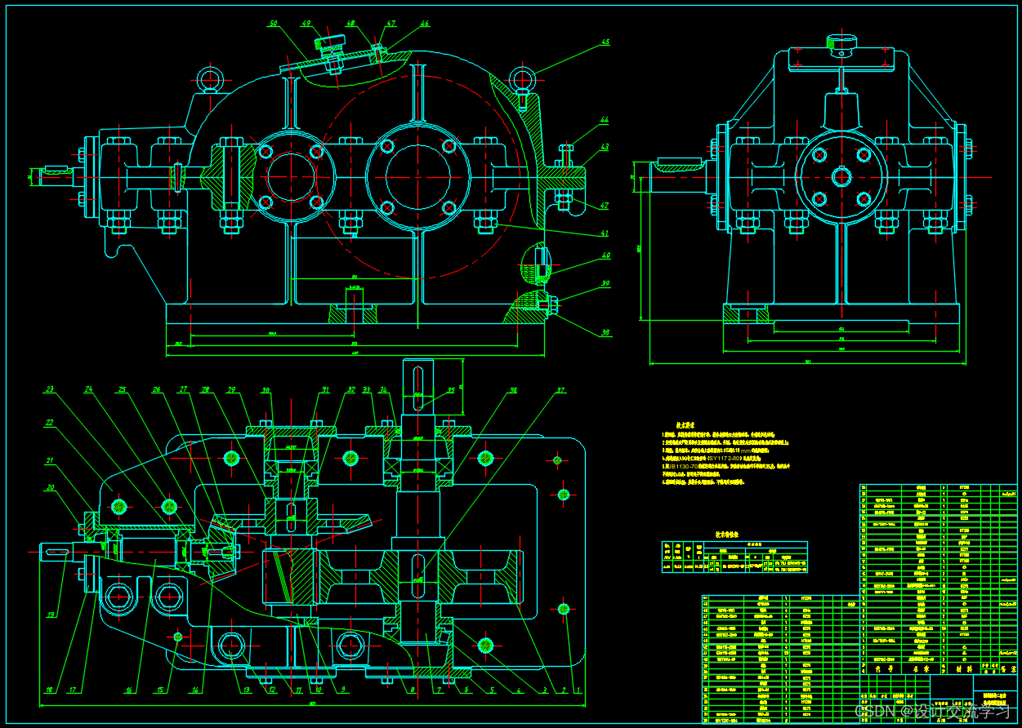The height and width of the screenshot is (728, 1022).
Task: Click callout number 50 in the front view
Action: click(273, 24)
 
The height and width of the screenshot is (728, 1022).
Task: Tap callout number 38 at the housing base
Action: click(605, 333)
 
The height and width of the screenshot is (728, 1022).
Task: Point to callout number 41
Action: click(605, 233)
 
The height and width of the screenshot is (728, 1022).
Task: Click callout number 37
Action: click(560, 390)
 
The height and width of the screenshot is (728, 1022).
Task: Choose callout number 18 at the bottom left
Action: click(49, 690)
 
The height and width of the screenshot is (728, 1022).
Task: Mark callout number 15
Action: click(160, 690)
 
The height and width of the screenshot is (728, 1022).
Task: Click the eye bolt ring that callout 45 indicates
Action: click(522, 79)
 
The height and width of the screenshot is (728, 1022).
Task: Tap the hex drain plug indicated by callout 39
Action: click(552, 306)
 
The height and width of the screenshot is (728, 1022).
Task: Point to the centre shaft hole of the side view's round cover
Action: click(841, 176)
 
